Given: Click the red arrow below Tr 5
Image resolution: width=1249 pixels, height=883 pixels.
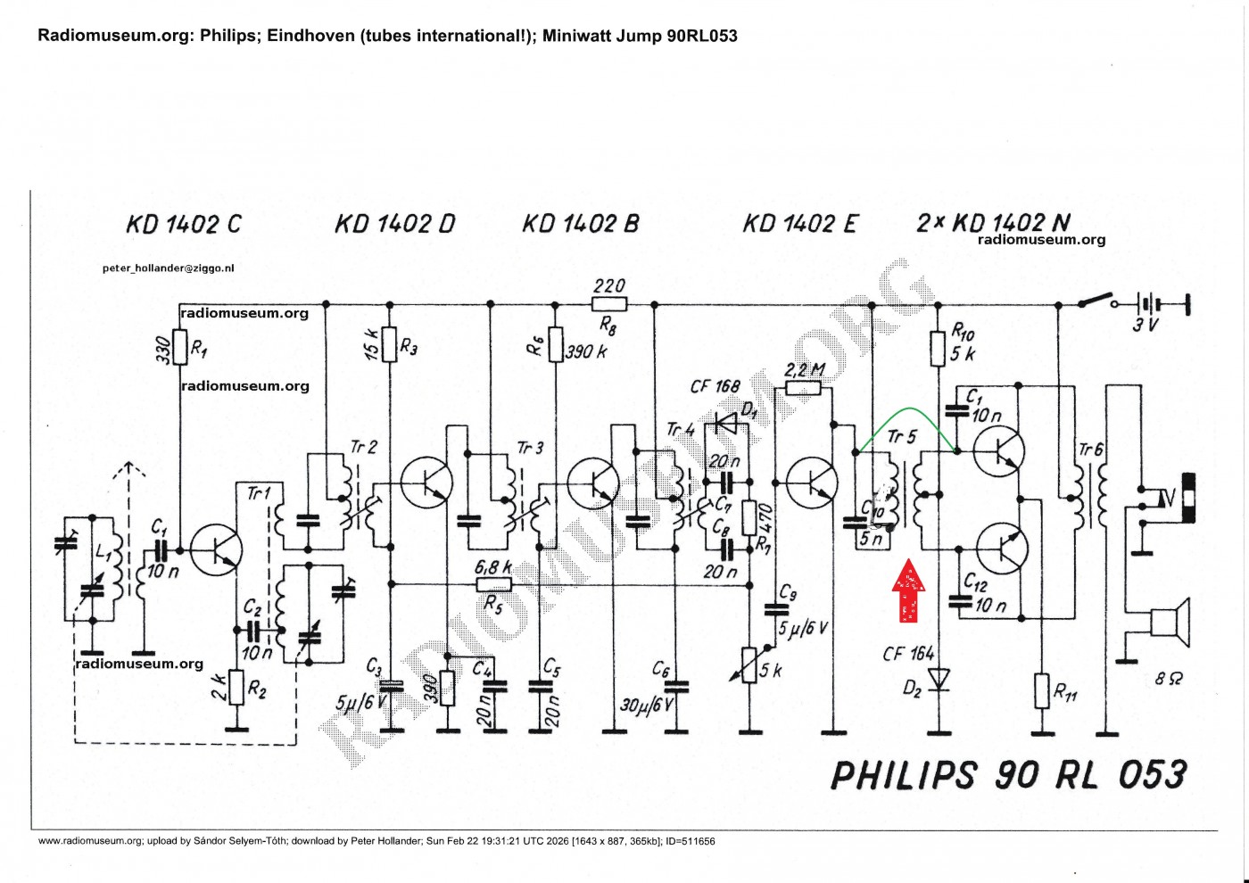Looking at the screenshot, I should coord(908,590).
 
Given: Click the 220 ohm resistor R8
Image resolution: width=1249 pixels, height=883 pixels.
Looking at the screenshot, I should coord(609,304).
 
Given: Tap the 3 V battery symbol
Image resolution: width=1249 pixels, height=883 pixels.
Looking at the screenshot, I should coord(1152,304).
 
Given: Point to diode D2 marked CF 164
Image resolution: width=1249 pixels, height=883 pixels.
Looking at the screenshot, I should coord(938,680).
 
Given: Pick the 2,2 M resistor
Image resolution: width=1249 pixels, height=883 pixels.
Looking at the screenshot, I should coord(803,387).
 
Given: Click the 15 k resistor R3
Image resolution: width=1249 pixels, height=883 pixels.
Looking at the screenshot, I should coord(389,344).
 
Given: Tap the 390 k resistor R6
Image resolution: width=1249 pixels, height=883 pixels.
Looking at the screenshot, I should coord(555,344).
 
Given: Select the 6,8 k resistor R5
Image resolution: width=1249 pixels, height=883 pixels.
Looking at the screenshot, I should coord(493,584).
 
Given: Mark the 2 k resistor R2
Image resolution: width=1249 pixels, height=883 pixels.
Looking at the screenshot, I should coord(236,687).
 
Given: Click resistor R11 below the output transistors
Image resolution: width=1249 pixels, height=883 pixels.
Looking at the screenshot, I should coord(1041,690).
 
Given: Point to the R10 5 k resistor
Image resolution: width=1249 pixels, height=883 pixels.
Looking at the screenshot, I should coord(938,348).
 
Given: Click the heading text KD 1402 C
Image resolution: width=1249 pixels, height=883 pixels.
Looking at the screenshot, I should coord(184,224).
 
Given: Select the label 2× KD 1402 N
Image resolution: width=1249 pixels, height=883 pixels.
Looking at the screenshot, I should coord(993,222).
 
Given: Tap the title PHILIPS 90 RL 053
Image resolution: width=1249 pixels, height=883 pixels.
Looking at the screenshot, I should coord(1008,774).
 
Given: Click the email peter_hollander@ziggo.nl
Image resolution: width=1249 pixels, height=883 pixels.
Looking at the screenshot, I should coord(169,268).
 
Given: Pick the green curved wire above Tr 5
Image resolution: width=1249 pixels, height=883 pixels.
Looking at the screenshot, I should coord(906,411).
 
